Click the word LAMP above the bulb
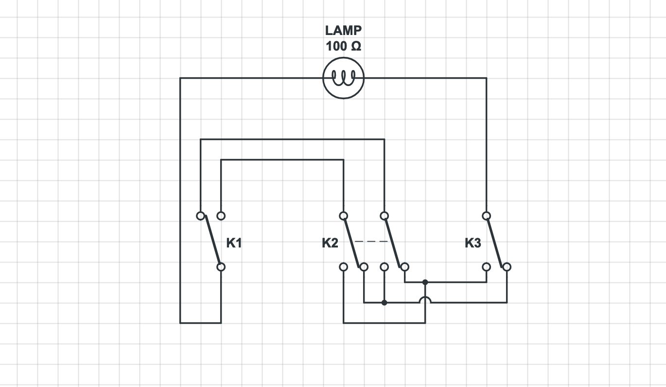pyautogui.click(x=343, y=30)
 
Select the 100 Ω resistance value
pyautogui.click(x=343, y=47)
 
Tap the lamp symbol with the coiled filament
pyautogui.click(x=343, y=77)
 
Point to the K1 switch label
pyautogui.click(x=234, y=243)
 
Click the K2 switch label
pyautogui.click(x=330, y=243)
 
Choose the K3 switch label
pyautogui.click(x=473, y=243)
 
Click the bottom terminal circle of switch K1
pyautogui.click(x=221, y=267)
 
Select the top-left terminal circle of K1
pyautogui.click(x=200, y=215)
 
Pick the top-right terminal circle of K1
pyautogui.click(x=221, y=215)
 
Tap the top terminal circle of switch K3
pyautogui.click(x=486, y=215)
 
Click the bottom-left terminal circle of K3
pyautogui.click(x=486, y=267)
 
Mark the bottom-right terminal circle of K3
pyautogui.click(x=507, y=267)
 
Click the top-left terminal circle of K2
pyautogui.click(x=343, y=215)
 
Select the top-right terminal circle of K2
pyautogui.click(x=384, y=215)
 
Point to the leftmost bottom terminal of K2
pyautogui.click(x=343, y=267)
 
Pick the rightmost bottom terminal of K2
pyautogui.click(x=404, y=267)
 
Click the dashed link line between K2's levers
pyautogui.click(x=371, y=241)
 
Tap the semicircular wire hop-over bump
pyautogui.click(x=425, y=299)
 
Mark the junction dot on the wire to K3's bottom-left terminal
pyautogui.click(x=425, y=282)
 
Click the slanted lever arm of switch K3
pyautogui.click(x=496, y=241)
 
